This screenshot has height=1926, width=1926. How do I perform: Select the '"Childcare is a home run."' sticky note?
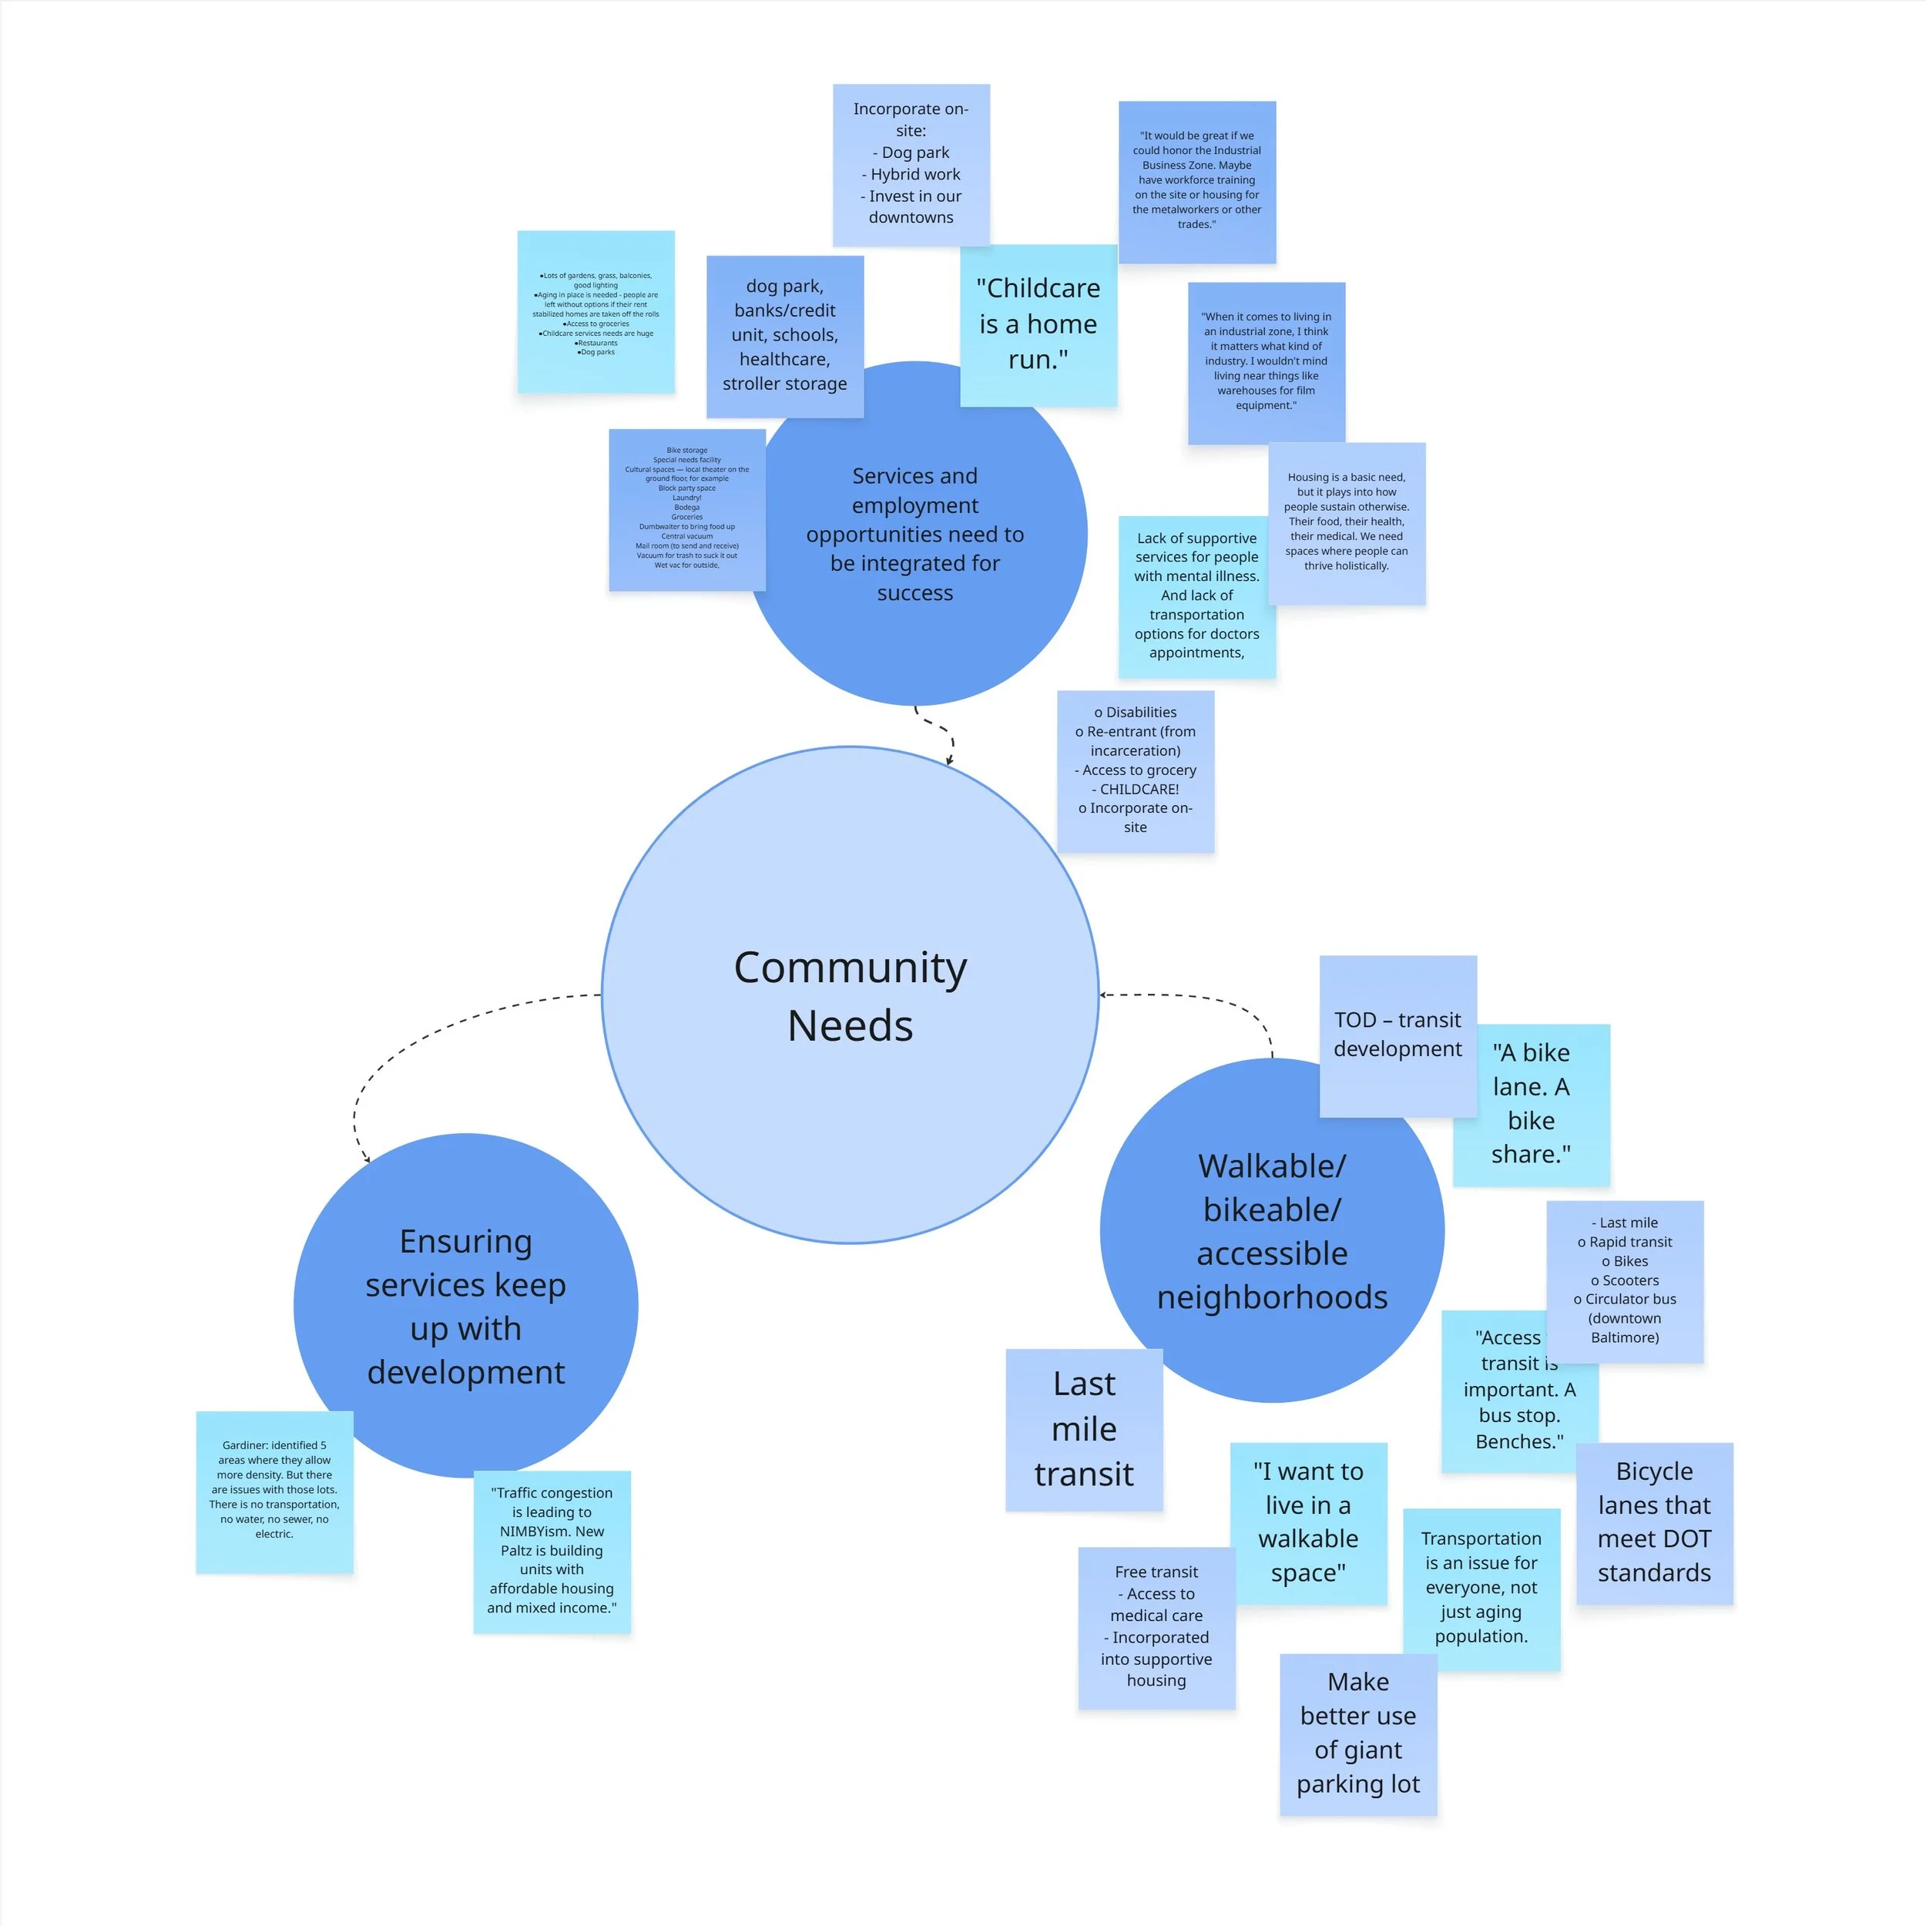coord(1038,324)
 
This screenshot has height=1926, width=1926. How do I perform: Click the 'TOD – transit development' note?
coord(1397,1034)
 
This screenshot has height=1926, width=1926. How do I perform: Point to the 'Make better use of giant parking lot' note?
coord(1357,1733)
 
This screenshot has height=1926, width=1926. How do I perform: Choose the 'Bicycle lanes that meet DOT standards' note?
coord(1654,1522)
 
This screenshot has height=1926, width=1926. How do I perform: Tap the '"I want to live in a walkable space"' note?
coord(1308,1522)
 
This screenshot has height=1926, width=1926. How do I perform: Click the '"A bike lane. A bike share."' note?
coord(1532,1103)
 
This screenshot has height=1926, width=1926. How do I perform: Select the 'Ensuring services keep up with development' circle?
coord(465,1306)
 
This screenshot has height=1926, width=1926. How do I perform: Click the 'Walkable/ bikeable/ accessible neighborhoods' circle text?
coord(1271,1231)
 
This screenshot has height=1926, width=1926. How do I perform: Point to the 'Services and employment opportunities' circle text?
coord(914,535)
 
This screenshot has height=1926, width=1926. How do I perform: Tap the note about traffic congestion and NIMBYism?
coord(552,1550)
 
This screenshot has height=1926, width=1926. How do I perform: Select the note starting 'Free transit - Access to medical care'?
coord(1156,1626)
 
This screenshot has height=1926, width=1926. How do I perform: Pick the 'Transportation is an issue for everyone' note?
coord(1481,1587)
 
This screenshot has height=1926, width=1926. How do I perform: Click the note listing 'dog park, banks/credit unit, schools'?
coord(784,335)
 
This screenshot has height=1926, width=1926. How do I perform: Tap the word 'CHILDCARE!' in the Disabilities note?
coord(1136,789)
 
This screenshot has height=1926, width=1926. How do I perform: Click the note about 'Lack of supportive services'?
coord(1196,596)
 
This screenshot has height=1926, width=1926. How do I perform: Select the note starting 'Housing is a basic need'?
coord(1346,522)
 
